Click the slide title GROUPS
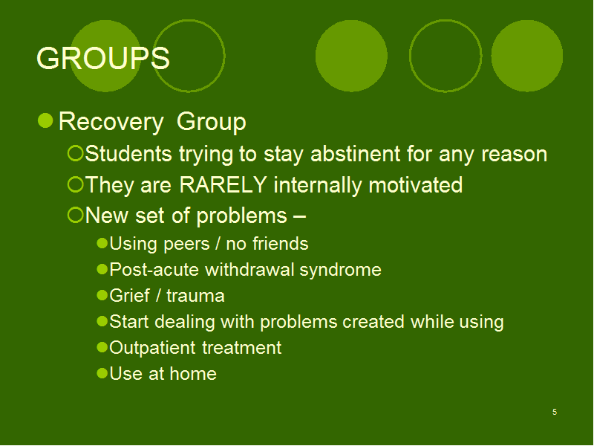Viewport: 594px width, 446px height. [103, 58]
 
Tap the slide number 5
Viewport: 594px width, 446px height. [555, 412]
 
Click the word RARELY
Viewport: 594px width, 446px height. [223, 184]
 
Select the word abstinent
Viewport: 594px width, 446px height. [356, 154]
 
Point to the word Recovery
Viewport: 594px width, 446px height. [111, 122]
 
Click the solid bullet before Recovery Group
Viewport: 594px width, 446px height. [45, 120]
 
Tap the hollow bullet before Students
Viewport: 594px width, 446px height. [75, 154]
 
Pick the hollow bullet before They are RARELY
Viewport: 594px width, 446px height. [75, 184]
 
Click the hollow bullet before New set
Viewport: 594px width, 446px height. [75, 215]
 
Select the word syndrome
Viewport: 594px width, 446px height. [341, 271]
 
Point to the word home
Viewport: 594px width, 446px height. [193, 374]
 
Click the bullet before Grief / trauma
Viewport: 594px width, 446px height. [102, 295]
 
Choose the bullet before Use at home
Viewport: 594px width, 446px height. [102, 373]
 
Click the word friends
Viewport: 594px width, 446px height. [281, 244]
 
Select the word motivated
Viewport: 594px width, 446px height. [415, 184]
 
